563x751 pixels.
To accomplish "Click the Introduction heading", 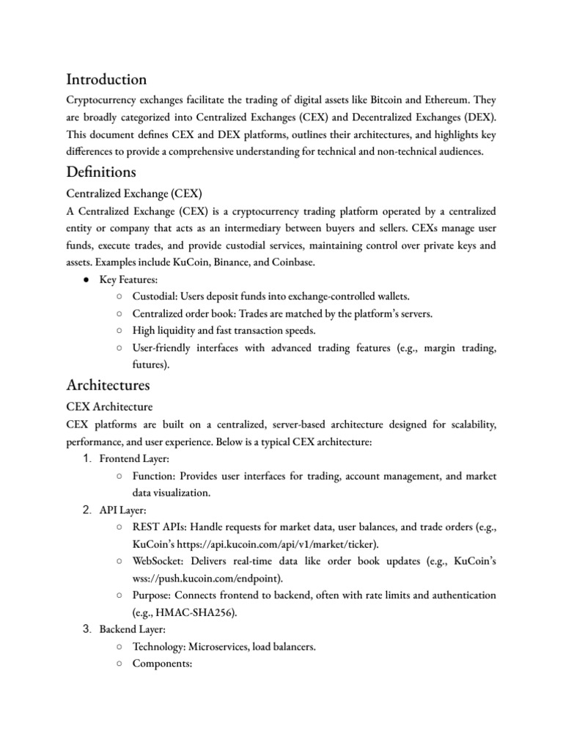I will [x=106, y=79].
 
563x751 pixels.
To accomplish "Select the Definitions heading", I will [x=100, y=173].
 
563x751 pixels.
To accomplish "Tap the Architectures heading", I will [x=108, y=384].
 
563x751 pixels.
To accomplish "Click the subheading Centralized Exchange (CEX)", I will [x=134, y=194].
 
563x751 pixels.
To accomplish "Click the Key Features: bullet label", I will [x=129, y=279].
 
